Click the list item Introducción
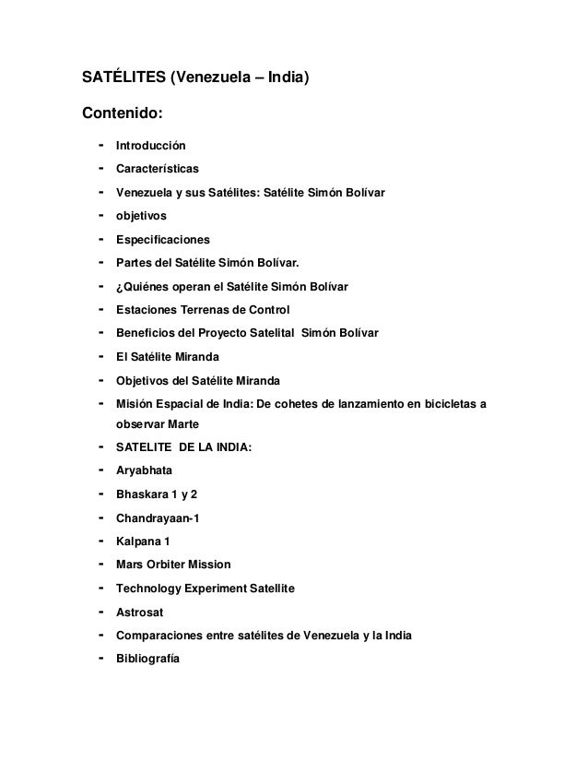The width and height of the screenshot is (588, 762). [x=150, y=147]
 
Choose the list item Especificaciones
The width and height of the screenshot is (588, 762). [x=162, y=240]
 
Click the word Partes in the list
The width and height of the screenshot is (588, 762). [x=135, y=263]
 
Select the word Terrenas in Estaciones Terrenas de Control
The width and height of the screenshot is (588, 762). [x=212, y=310]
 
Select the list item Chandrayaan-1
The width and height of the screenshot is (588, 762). [x=157, y=518]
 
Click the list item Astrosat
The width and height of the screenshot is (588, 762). [x=139, y=612]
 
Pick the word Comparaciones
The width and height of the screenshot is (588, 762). [x=157, y=635]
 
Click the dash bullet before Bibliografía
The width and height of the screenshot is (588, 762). [x=95, y=658]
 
